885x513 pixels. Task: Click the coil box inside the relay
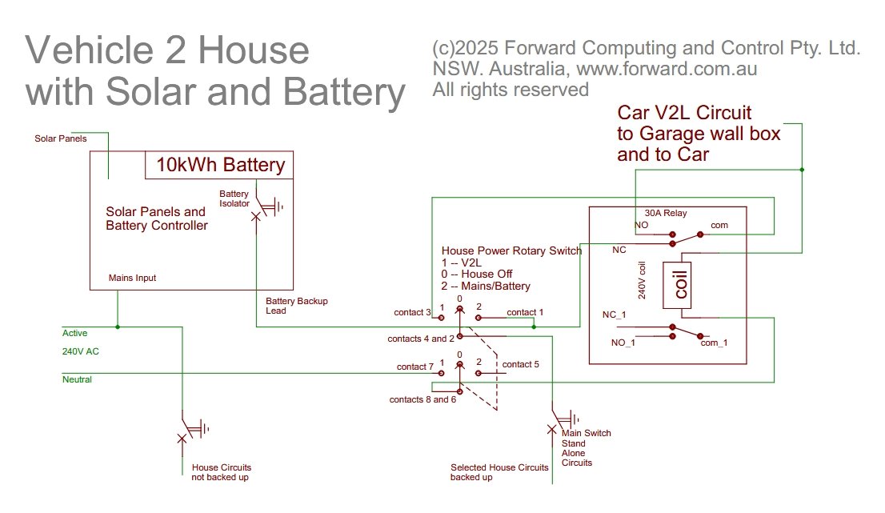point(680,285)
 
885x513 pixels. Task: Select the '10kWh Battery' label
point(221,166)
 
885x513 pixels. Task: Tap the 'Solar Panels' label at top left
point(61,138)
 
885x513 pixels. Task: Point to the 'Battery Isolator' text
point(234,198)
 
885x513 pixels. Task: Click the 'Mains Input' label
point(133,279)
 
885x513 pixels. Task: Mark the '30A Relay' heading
point(666,214)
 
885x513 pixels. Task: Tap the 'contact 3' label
point(413,312)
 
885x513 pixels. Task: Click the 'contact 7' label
point(415,367)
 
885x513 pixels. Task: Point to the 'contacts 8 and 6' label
point(422,399)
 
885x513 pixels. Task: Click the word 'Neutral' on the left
point(77,379)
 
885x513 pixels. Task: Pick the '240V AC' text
point(81,351)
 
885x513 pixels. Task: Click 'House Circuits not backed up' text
point(222,472)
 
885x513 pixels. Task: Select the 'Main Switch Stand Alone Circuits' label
point(586,447)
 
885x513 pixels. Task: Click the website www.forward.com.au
point(667,69)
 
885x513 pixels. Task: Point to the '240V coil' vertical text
point(642,281)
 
